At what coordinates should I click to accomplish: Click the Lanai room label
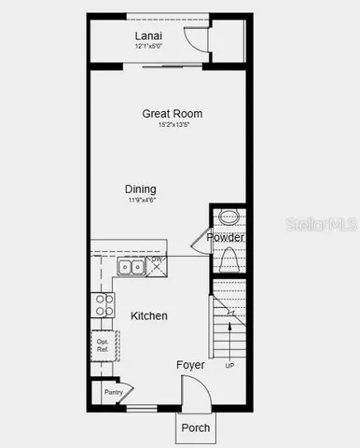147,35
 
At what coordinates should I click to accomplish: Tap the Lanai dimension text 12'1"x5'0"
147,46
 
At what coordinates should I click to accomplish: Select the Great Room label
172,114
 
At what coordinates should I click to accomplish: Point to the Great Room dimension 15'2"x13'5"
173,124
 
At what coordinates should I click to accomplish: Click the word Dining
142,188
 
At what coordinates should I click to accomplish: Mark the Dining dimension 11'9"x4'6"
142,199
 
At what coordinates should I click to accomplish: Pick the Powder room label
225,238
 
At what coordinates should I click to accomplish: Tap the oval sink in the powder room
228,219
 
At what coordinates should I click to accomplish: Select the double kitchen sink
131,268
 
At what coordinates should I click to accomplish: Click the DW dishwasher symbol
158,265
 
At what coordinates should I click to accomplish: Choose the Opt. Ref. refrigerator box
102,346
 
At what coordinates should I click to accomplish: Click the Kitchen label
149,316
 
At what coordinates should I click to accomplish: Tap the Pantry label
114,393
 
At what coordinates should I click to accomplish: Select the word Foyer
190,365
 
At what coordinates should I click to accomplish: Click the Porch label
195,428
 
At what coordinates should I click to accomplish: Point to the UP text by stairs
229,365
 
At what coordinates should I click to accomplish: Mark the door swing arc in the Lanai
196,37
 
